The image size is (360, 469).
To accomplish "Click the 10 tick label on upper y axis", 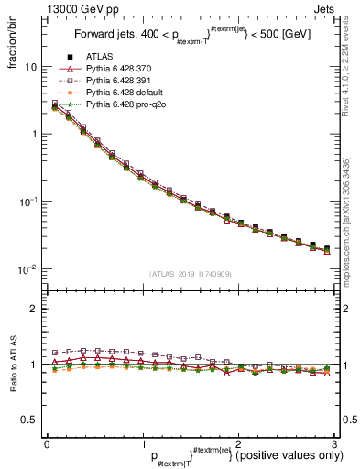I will (31, 67).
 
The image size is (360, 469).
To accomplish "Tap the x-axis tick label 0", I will (47, 445).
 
